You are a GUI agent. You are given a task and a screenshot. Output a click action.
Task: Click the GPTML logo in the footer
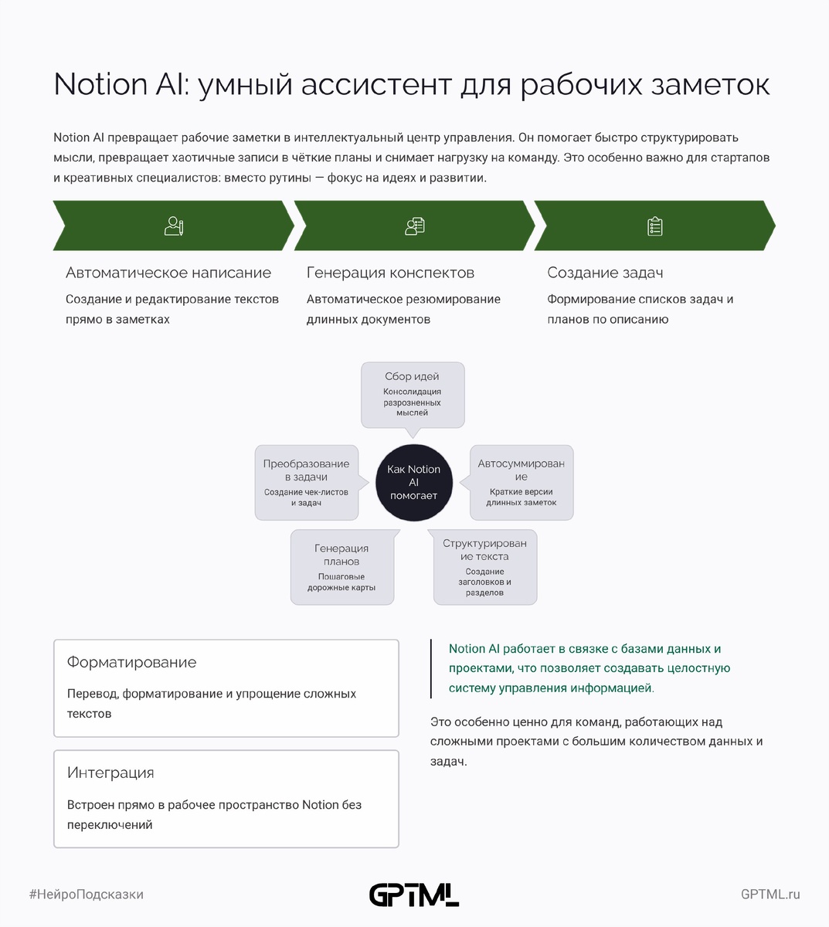tap(413, 895)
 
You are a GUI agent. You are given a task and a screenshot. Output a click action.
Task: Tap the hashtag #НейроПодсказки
tap(87, 895)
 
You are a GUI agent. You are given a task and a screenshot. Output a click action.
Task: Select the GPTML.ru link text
tap(770, 895)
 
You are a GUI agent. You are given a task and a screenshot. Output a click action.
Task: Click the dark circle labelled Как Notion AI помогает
tap(413, 482)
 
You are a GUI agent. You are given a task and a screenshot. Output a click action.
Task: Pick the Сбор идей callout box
tap(413, 394)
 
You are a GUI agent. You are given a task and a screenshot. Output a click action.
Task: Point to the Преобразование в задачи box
tap(307, 482)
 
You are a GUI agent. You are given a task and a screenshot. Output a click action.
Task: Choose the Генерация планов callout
tap(342, 566)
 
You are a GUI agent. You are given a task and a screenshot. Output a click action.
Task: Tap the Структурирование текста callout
tap(485, 566)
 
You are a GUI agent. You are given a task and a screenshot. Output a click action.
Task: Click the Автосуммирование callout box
tap(522, 482)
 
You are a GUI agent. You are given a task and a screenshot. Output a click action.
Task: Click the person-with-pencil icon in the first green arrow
tap(174, 226)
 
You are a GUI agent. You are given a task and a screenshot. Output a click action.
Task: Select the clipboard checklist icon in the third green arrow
tap(655, 226)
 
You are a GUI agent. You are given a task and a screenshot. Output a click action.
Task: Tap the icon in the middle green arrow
tap(415, 226)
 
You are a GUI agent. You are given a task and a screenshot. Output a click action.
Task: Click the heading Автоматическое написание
tap(168, 273)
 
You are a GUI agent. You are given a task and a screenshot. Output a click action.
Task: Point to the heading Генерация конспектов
tap(390, 273)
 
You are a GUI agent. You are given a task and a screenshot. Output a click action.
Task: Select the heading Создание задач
tap(605, 273)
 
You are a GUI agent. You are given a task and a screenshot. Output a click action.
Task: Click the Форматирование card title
tap(132, 662)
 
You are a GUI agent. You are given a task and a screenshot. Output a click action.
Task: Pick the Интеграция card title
tap(110, 772)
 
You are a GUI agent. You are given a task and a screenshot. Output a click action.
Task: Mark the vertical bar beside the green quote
tap(431, 668)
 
